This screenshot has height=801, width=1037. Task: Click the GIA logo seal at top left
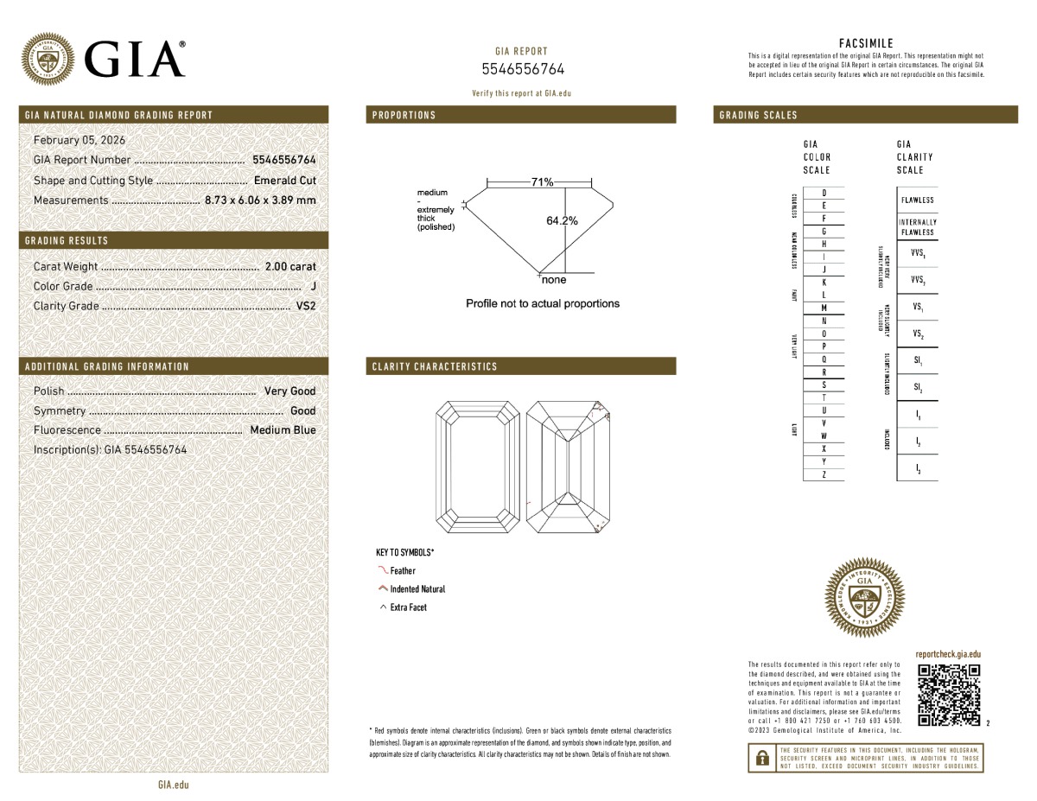pos(48,59)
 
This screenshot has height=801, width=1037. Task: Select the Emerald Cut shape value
pos(285,181)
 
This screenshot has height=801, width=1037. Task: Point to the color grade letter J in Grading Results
pos(312,286)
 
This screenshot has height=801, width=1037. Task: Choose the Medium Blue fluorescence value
pos(283,430)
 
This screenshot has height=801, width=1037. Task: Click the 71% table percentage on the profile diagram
pos(542,182)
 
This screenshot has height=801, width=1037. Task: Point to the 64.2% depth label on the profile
pos(562,221)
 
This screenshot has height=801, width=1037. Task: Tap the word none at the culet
pos(553,280)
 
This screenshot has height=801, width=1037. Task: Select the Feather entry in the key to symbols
pos(403,571)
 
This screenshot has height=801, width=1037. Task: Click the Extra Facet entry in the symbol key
pos(408,607)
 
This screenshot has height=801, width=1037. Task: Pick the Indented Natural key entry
pos(417,589)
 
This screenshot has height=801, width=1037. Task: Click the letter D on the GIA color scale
pos(824,193)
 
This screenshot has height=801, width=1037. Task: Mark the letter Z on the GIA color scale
pos(824,475)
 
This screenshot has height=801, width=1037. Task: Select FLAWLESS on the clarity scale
pos(917,200)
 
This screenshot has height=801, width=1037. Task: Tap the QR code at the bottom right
pos(949,696)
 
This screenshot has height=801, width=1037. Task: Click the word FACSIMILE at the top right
pos(866,43)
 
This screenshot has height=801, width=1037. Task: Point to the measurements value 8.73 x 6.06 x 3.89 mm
pos(260,200)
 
